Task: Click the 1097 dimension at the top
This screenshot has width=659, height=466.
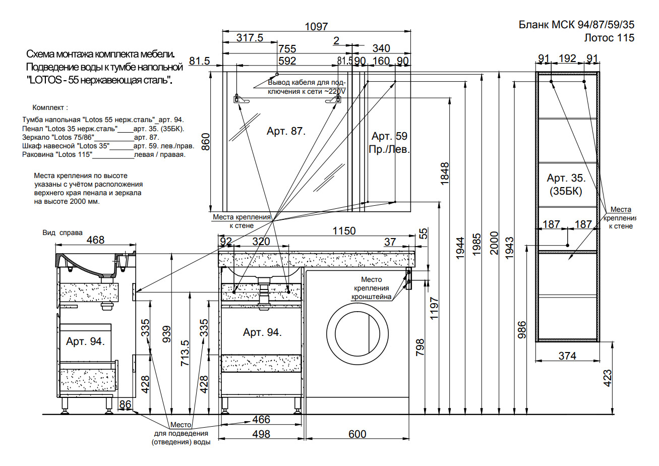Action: click(316, 27)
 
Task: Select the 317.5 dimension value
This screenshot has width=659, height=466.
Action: click(250, 38)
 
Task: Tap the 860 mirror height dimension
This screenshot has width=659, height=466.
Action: click(206, 142)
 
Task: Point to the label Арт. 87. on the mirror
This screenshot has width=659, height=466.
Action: click(286, 131)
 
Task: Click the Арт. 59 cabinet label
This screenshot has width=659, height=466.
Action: click(389, 136)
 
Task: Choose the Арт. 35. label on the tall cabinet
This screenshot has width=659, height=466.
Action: click(566, 178)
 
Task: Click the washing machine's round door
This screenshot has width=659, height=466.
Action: click(357, 334)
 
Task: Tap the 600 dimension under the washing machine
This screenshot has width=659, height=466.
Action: click(357, 434)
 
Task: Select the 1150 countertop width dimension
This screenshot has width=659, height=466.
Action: click(344, 231)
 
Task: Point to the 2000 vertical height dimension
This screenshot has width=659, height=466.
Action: click(494, 243)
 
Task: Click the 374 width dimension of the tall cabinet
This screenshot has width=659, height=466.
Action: click(567, 356)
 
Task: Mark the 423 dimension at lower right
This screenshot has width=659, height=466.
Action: click(607, 378)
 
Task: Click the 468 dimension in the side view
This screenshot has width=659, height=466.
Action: click(95, 240)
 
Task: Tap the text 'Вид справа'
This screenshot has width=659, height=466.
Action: click(63, 232)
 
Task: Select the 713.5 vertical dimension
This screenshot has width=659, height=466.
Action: click(185, 353)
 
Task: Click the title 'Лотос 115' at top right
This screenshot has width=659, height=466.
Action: click(609, 38)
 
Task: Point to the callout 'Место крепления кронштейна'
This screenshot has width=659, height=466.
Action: click(371, 288)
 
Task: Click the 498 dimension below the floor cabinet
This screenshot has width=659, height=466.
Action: click(261, 434)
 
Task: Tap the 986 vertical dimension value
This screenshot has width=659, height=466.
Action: click(521, 330)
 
